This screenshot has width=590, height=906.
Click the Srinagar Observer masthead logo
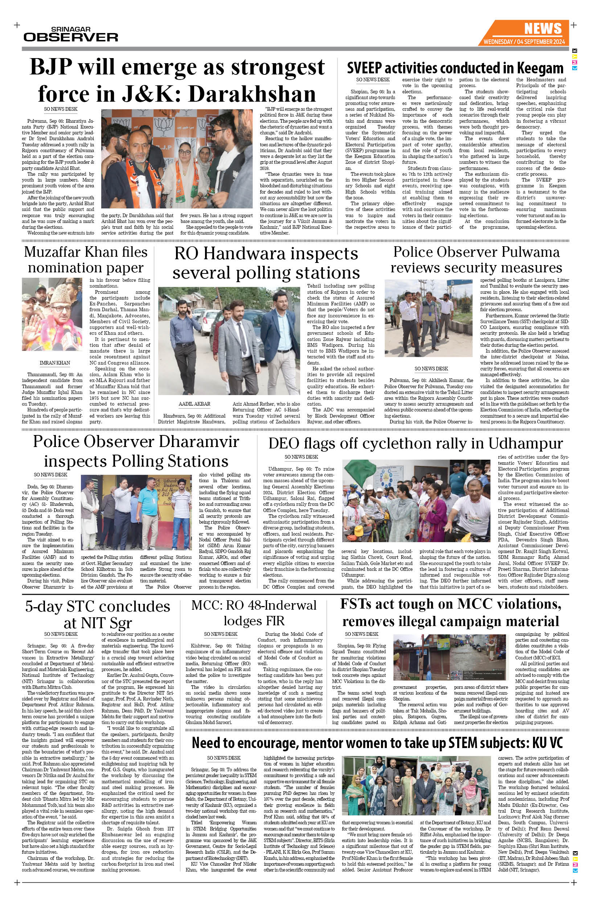click(x=71, y=34)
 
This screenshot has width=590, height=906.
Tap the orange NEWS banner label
click(x=542, y=29)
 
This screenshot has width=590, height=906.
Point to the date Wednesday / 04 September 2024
click(x=524, y=41)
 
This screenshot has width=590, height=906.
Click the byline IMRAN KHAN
click(x=55, y=363)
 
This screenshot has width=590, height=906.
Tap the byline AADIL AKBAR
click(x=194, y=404)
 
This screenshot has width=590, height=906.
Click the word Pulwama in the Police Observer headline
click(x=527, y=252)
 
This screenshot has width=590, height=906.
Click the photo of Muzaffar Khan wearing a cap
click(x=52, y=314)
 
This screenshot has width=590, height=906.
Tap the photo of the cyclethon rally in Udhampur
click(x=416, y=501)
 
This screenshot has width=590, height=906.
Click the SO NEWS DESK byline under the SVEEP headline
click(x=373, y=80)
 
